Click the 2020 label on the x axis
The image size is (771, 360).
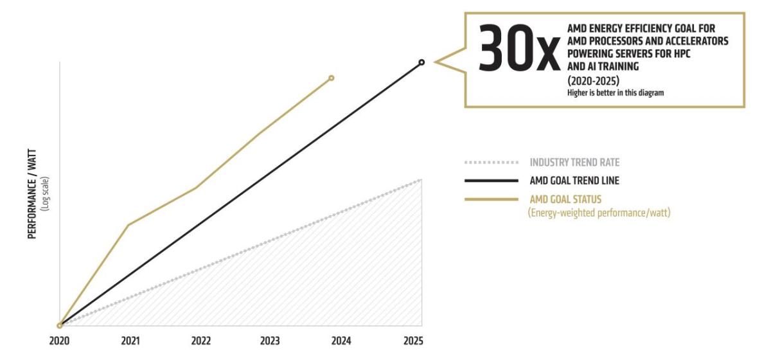coord(59,341)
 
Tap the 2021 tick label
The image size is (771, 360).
coord(131,341)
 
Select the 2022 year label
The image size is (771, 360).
coord(201,341)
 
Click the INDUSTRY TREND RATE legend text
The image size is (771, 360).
coord(574,162)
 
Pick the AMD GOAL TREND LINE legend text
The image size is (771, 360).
coord(574,181)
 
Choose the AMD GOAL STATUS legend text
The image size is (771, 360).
coord(565,199)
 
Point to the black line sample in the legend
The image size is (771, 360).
coord(491,181)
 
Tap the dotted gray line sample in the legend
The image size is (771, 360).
coord(491,162)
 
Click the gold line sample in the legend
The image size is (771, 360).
coord(491,199)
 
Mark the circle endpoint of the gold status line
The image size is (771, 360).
coord(331,78)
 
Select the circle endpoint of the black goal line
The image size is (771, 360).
coord(421,62)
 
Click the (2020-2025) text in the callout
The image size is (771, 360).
coord(593,81)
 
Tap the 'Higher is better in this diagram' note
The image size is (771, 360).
coord(615,93)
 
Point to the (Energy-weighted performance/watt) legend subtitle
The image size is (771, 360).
coord(599,212)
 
